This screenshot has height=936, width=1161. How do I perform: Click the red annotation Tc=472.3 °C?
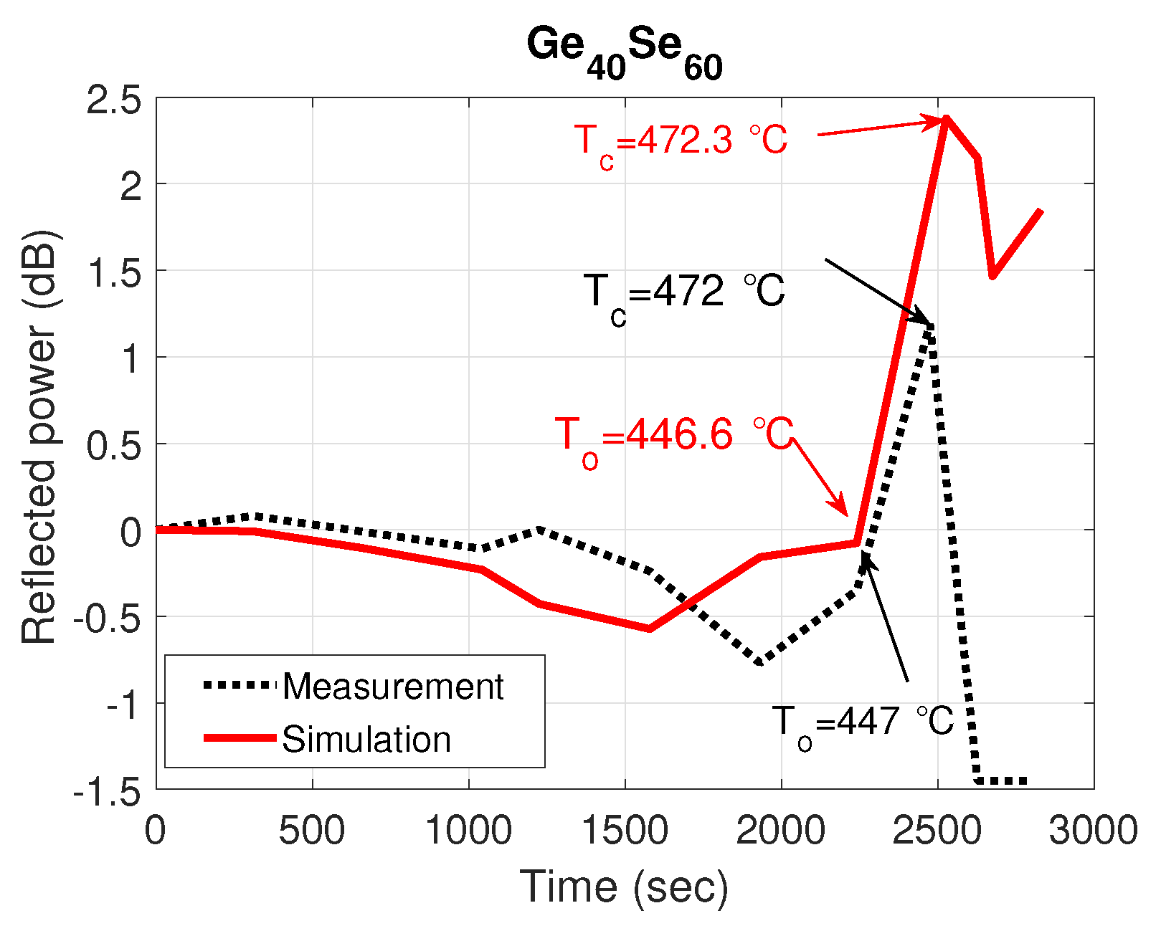[681, 140]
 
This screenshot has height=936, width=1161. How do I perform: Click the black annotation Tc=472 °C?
[684, 292]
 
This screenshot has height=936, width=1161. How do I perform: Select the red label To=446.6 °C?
[673, 436]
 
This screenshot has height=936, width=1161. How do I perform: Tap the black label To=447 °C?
[863, 722]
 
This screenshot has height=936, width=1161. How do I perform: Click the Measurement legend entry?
[393, 687]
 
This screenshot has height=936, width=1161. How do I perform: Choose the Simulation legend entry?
[366, 739]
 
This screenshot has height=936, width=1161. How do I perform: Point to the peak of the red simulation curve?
[947, 118]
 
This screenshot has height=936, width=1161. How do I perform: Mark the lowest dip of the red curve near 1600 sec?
[650, 629]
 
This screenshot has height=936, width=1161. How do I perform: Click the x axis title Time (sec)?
[624, 887]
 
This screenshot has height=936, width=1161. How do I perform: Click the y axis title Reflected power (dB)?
[39, 437]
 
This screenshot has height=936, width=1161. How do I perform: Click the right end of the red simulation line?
[1040, 211]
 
